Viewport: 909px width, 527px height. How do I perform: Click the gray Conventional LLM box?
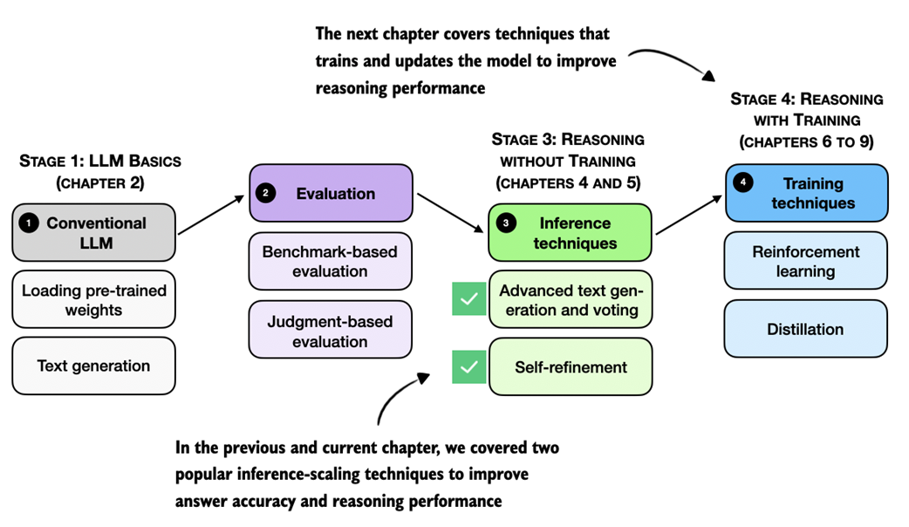(94, 233)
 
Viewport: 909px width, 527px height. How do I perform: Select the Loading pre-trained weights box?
(94, 300)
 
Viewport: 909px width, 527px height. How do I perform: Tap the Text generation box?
(94, 366)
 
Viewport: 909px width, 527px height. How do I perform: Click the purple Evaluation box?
(331, 193)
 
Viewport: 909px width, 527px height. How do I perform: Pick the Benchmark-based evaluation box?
(331, 261)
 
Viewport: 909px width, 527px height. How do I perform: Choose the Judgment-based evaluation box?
(331, 330)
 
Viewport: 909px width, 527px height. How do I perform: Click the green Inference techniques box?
(570, 232)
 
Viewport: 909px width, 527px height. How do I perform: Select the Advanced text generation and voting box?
(570, 300)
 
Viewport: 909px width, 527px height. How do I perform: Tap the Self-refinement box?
(570, 367)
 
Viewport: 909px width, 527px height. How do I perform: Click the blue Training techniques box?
(806, 194)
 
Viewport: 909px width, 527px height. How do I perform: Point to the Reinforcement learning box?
(806, 261)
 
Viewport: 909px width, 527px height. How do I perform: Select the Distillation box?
(806, 329)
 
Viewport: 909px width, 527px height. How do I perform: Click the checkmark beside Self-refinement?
(468, 366)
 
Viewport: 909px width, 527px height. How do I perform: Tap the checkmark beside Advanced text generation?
(468, 298)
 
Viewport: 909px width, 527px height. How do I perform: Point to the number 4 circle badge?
(742, 184)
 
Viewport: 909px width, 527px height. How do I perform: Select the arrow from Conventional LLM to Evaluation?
(212, 215)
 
